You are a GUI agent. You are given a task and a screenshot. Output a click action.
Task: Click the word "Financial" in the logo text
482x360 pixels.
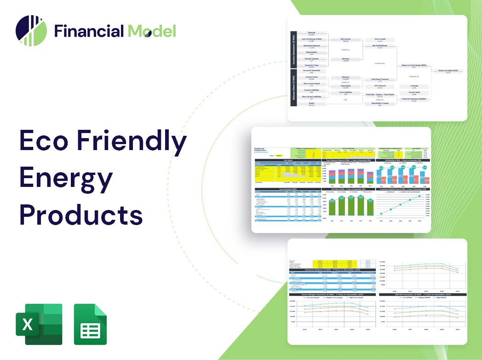point(89,31)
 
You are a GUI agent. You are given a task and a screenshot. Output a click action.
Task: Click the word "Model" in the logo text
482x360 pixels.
point(152,31)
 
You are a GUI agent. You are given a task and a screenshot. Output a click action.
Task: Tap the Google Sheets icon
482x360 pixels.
point(90,324)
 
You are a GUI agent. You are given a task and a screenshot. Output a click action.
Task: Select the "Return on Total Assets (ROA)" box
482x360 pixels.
point(414,65)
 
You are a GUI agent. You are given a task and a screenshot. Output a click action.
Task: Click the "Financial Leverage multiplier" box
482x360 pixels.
point(414,99)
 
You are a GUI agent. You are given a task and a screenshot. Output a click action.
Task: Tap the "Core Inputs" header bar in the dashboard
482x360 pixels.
point(288,160)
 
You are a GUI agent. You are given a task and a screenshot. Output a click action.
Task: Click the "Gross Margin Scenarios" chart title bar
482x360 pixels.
point(330,294)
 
